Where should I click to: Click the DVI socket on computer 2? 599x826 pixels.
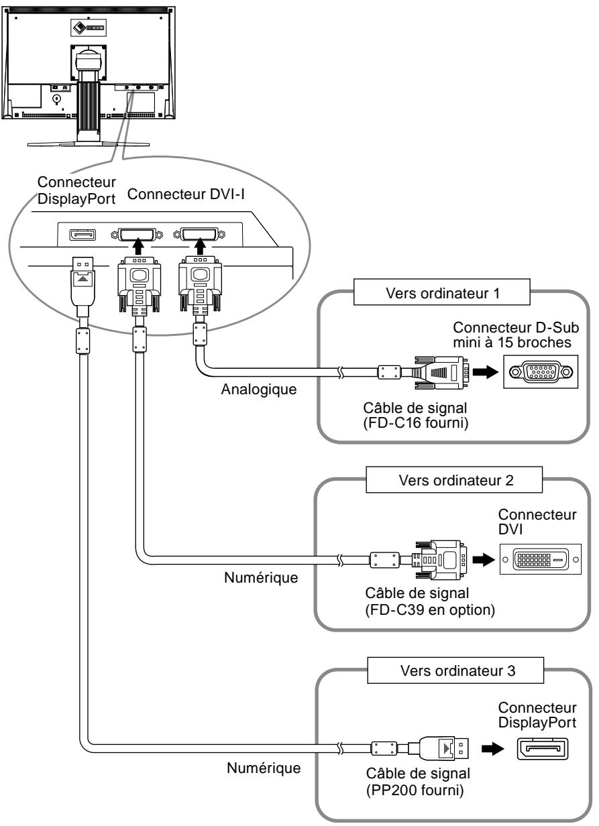click(539, 558)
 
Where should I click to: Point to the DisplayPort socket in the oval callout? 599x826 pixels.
click(81, 235)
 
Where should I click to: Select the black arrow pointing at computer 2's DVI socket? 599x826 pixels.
click(483, 558)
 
